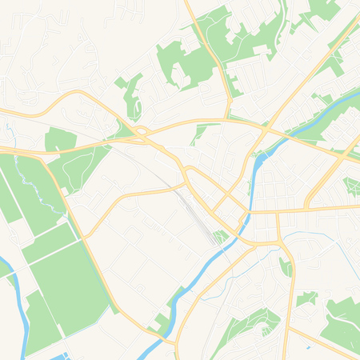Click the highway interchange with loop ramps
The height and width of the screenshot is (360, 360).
142,133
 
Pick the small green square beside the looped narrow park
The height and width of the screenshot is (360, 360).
121,82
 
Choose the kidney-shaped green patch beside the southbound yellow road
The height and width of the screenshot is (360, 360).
286,266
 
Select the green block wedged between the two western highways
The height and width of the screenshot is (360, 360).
60,140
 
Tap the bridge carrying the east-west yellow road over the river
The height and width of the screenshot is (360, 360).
250,212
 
